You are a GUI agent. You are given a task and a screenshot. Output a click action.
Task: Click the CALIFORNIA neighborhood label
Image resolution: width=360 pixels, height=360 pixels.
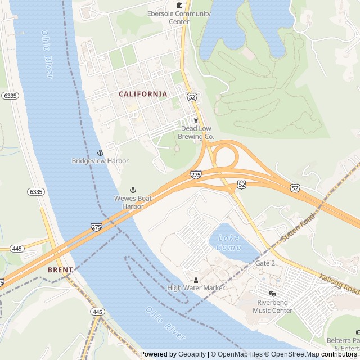coord(143,94)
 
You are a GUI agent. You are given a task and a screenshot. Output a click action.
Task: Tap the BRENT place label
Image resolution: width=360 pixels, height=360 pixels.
coord(60,270)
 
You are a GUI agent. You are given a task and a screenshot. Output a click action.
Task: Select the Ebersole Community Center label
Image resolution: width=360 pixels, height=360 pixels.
coord(179,17)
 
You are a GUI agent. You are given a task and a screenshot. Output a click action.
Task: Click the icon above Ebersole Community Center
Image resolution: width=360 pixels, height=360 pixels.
coord(179,5)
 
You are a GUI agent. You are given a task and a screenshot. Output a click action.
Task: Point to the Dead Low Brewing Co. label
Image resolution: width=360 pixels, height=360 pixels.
coord(196,132)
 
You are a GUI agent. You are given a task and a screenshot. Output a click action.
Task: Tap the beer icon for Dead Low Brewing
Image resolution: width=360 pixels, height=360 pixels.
coord(196,120)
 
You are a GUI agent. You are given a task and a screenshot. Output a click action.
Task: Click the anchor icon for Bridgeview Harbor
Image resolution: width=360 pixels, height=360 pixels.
coord(100,152)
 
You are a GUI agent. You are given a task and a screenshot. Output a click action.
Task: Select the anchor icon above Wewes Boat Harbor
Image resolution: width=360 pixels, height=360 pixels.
coord(133,190)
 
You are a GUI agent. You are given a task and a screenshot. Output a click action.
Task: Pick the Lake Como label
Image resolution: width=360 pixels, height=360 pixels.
coord(229,243)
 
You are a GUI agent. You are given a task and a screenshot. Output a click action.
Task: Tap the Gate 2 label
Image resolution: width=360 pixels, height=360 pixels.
coord(265,263)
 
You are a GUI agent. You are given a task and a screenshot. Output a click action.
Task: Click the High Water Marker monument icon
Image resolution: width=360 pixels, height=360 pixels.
coord(196,280)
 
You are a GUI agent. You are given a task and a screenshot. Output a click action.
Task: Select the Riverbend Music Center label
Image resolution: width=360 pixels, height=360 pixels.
coord(272,307)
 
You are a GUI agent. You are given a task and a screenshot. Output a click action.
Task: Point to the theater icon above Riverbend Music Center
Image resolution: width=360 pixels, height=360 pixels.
coord(272,294)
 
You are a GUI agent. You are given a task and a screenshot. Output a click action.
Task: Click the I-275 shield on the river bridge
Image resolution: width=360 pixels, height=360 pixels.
coord(96,227)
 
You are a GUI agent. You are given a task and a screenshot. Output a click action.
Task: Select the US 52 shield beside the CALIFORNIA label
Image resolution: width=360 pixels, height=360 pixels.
coord(192,97)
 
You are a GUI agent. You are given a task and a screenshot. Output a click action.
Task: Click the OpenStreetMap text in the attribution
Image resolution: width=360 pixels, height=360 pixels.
coord(292,354)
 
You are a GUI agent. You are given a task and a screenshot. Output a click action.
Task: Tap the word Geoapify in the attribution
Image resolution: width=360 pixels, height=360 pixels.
coord(192,354)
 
